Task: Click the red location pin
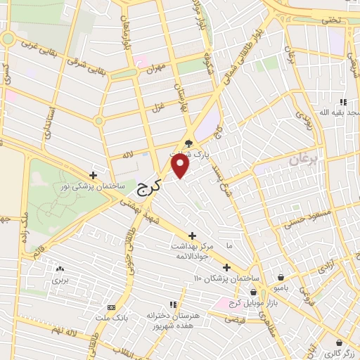tap(181, 166)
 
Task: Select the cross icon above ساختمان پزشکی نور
tap(94, 175)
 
